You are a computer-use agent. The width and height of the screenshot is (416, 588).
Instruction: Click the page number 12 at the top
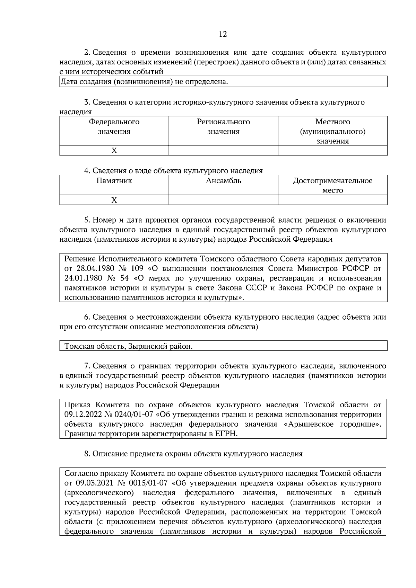[223, 34]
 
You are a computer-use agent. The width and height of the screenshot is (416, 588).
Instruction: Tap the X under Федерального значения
[114, 151]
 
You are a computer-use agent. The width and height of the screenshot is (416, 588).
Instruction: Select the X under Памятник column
[114, 200]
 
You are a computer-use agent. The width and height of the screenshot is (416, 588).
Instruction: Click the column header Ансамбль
[223, 181]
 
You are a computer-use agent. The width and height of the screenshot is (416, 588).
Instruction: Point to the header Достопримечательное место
[332, 185]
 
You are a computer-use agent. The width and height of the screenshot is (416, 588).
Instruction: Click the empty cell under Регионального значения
[223, 151]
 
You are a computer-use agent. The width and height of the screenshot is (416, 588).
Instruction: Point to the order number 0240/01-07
[137, 415]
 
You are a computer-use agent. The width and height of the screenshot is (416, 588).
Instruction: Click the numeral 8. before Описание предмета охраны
[87, 454]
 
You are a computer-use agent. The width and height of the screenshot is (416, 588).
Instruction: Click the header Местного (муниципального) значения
[332, 131]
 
